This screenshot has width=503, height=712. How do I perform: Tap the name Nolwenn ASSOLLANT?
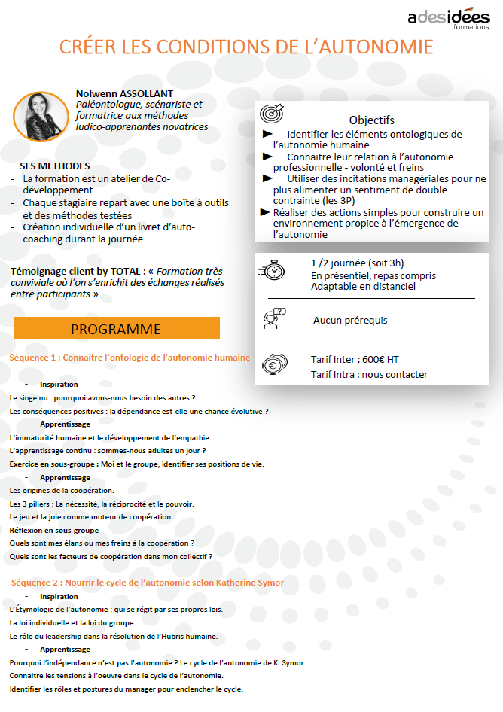[x=124, y=93]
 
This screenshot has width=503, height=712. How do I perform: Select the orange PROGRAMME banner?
[x=117, y=329]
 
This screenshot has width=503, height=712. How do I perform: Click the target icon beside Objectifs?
[x=271, y=114]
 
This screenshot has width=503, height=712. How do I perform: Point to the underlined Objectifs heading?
[x=371, y=120]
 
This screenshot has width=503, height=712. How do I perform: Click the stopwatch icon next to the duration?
[x=271, y=271]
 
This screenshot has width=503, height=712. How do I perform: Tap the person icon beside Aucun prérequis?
[x=273, y=319]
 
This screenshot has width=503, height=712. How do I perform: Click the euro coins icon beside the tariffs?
[x=273, y=367]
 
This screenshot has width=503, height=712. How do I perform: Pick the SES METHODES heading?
[x=55, y=166]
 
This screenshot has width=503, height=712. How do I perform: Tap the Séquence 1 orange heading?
[x=130, y=358]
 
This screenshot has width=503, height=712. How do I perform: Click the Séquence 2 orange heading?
[x=147, y=583]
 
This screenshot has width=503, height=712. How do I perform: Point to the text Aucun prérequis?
[x=350, y=320]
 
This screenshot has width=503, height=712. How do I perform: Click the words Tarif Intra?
[x=331, y=374]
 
